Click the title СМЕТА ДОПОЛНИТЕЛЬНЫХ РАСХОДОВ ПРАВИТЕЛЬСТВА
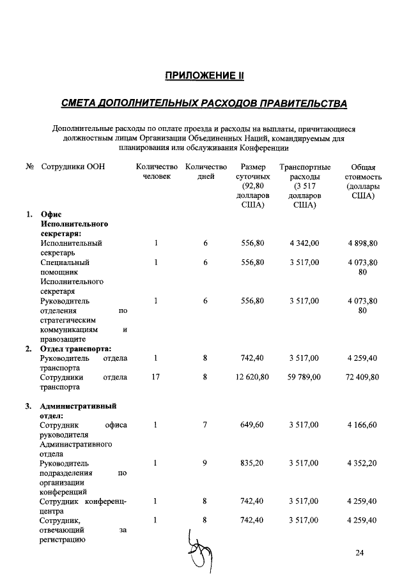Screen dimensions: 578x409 [204, 103]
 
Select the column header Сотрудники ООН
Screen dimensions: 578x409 [72, 167]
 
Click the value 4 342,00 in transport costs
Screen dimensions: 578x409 [304, 243]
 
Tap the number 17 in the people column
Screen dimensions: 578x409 [155, 377]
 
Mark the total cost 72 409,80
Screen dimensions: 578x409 [363, 377]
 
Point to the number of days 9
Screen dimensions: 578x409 [205, 463]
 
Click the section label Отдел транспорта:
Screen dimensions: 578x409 [76, 349]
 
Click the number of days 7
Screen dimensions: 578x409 [205, 425]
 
